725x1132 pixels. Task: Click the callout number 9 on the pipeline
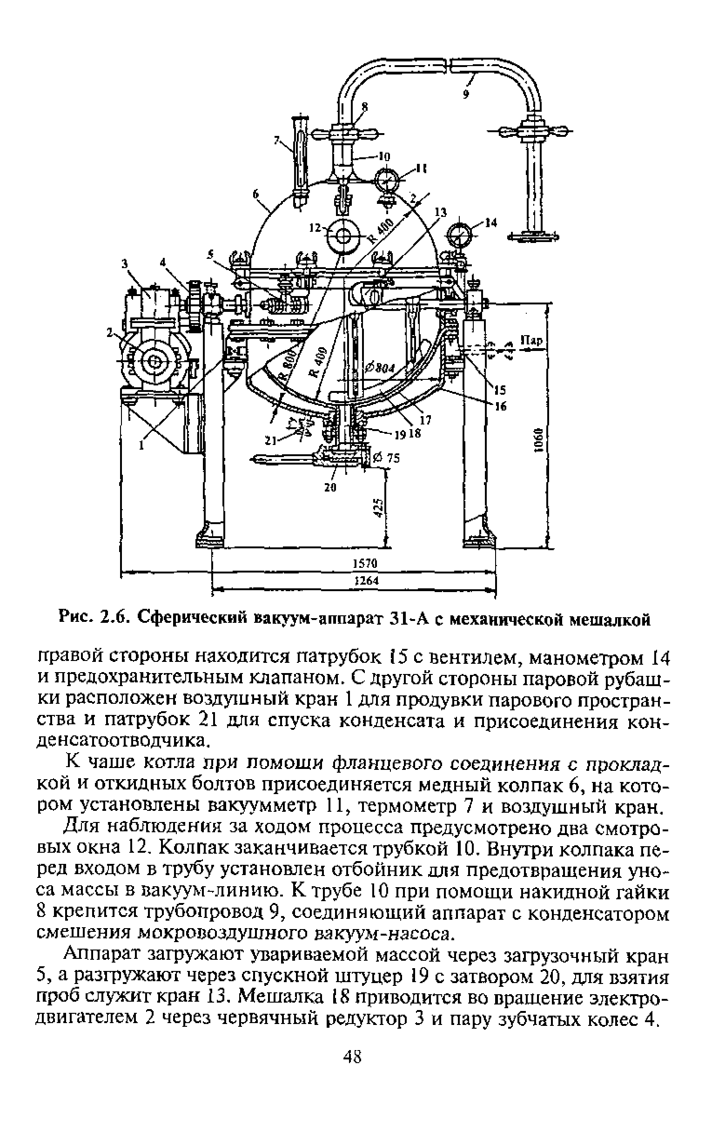[466, 94]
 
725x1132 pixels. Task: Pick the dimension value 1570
[365, 564]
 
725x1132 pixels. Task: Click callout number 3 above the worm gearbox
[125, 264]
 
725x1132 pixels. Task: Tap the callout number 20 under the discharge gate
[330, 488]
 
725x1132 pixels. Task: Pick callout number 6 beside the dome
[256, 194]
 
